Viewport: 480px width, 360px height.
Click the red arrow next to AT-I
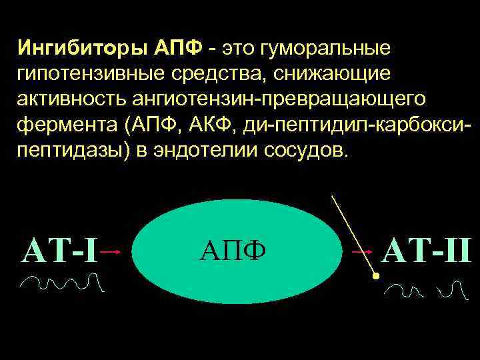click(113, 252)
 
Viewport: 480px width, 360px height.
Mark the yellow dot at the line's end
click(376, 275)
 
